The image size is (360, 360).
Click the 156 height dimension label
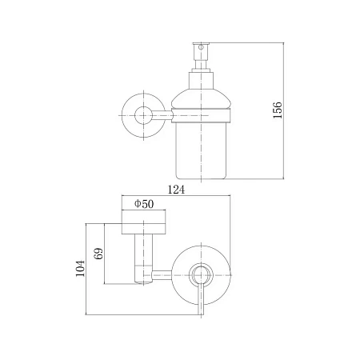click(278, 110)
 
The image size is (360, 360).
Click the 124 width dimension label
click(176, 190)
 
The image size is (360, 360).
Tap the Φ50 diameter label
click(144, 204)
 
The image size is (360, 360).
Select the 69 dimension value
click(98, 254)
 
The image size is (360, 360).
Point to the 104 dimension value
click(80, 268)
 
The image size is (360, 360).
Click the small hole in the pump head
click(201, 47)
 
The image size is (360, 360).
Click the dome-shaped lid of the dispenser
click(201, 99)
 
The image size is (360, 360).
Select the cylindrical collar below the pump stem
click(201, 80)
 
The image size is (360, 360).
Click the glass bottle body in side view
click(201, 150)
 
